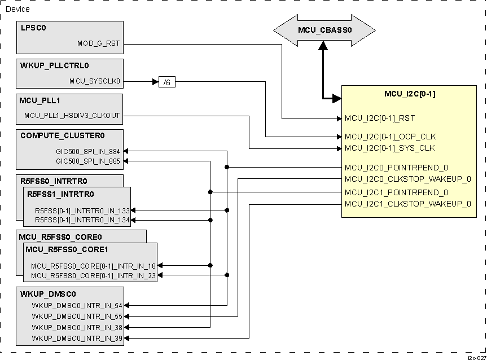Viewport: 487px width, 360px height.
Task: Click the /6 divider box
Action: (167, 82)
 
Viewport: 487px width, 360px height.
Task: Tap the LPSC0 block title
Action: (33, 28)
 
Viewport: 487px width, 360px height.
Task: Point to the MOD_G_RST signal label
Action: (98, 43)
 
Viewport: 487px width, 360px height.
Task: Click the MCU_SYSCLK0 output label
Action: (95, 81)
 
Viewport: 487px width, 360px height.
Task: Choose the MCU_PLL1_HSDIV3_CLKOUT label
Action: (72, 116)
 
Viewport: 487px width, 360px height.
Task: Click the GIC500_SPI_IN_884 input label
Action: (87, 151)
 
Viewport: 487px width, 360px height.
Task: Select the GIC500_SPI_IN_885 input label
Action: (87, 161)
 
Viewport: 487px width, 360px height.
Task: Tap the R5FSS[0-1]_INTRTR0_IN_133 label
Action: (82, 210)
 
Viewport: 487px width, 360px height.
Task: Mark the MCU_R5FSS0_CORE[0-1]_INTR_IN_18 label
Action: (93, 266)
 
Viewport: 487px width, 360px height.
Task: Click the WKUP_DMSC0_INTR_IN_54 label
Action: (77, 306)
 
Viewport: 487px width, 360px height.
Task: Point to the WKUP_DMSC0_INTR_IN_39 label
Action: (77, 338)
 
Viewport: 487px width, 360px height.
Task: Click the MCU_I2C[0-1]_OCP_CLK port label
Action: (390, 137)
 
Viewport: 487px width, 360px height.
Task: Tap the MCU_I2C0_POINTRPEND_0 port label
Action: (396, 168)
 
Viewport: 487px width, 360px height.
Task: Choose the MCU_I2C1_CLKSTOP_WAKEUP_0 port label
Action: (407, 204)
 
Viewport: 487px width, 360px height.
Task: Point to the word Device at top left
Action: (17, 9)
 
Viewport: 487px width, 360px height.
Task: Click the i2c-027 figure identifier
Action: (476, 357)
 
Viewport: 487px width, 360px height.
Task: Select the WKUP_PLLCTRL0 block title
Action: (54, 65)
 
